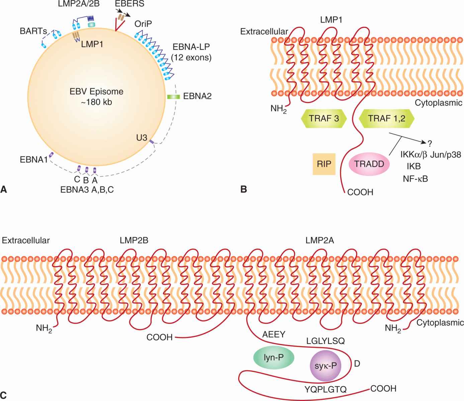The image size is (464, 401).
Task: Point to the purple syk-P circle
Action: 326,366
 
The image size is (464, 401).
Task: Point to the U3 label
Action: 142,137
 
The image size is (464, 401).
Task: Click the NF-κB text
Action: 415,179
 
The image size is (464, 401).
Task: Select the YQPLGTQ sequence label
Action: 326,389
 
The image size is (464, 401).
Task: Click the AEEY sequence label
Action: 274,334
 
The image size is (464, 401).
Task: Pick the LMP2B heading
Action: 134,240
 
